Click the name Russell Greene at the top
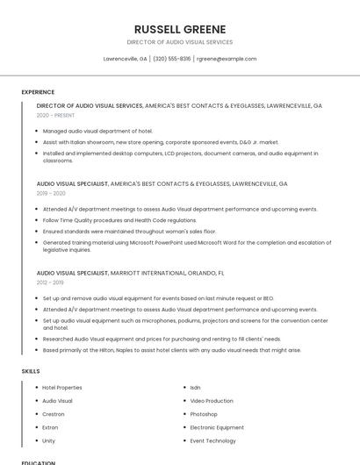(180, 29)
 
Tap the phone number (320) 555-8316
(172, 59)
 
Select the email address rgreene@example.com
(227, 59)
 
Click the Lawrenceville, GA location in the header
(126, 59)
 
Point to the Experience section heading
(38, 92)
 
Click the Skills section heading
(31, 371)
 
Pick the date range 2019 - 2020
(51, 193)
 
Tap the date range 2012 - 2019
(50, 283)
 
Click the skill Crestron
(54, 414)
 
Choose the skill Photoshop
(204, 414)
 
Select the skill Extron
(51, 427)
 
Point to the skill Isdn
(196, 387)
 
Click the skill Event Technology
(213, 440)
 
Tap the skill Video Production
(212, 401)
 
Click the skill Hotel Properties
(62, 387)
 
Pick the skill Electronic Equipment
(216, 427)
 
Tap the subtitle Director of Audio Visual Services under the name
(180, 42)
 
